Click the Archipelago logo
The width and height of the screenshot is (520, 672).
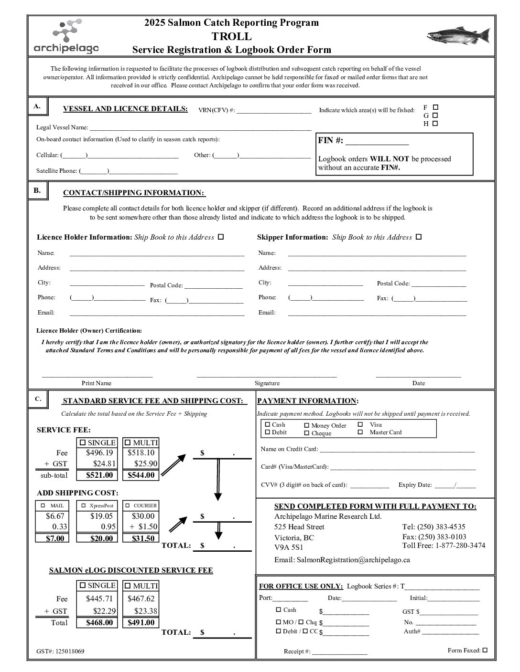click(66, 36)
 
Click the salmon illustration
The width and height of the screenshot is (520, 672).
click(458, 36)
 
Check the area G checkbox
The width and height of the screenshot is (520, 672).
click(435, 115)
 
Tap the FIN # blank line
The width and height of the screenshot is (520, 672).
click(377, 141)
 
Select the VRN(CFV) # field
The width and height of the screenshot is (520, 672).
click(274, 111)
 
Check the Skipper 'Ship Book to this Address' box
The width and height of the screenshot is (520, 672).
click(419, 237)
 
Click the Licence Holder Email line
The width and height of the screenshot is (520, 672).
click(157, 313)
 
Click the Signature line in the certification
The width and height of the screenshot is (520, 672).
click(267, 375)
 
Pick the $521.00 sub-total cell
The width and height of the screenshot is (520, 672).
click(99, 475)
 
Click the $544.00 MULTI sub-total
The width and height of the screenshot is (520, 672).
click(141, 475)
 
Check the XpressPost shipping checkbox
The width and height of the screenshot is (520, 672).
click(84, 505)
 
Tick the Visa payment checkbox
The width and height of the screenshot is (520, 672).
click(360, 424)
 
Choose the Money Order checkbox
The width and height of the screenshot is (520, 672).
click(307, 425)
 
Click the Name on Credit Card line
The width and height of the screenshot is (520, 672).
click(397, 450)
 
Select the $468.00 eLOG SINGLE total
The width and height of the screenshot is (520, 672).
click(99, 623)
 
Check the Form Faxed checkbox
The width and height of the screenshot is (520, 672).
click(485, 650)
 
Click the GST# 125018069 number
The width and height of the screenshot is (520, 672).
click(70, 651)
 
